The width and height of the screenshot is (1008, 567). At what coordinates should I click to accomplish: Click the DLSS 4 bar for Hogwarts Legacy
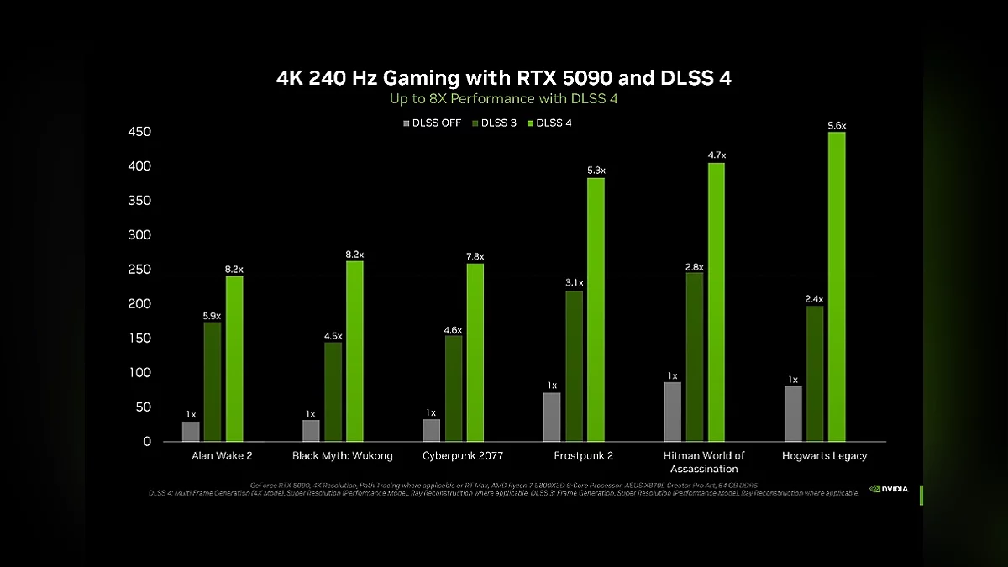click(837, 286)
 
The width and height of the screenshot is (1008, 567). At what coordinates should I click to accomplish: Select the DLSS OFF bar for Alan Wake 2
click(191, 431)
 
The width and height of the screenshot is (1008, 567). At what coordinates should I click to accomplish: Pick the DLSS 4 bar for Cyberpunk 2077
click(475, 352)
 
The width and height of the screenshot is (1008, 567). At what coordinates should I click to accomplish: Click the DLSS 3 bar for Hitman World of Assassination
click(695, 356)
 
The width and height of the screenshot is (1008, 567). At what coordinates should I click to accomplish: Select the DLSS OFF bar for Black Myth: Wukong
click(311, 430)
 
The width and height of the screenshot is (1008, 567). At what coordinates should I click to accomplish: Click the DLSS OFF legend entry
click(433, 123)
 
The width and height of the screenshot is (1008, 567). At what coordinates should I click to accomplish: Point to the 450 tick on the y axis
click(139, 132)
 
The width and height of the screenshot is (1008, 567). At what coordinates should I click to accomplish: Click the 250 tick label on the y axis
click(139, 270)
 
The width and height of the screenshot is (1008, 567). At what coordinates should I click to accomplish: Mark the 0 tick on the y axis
click(147, 441)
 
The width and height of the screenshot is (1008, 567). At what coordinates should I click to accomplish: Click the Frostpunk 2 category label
click(584, 455)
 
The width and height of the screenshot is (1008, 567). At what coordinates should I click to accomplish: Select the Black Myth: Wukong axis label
click(342, 455)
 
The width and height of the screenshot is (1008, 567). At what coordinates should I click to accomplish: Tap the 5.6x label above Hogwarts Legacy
click(837, 125)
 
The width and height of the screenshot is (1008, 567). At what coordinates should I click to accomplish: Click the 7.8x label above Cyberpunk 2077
click(475, 256)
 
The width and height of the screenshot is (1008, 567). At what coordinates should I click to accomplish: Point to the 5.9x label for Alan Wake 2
click(212, 316)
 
